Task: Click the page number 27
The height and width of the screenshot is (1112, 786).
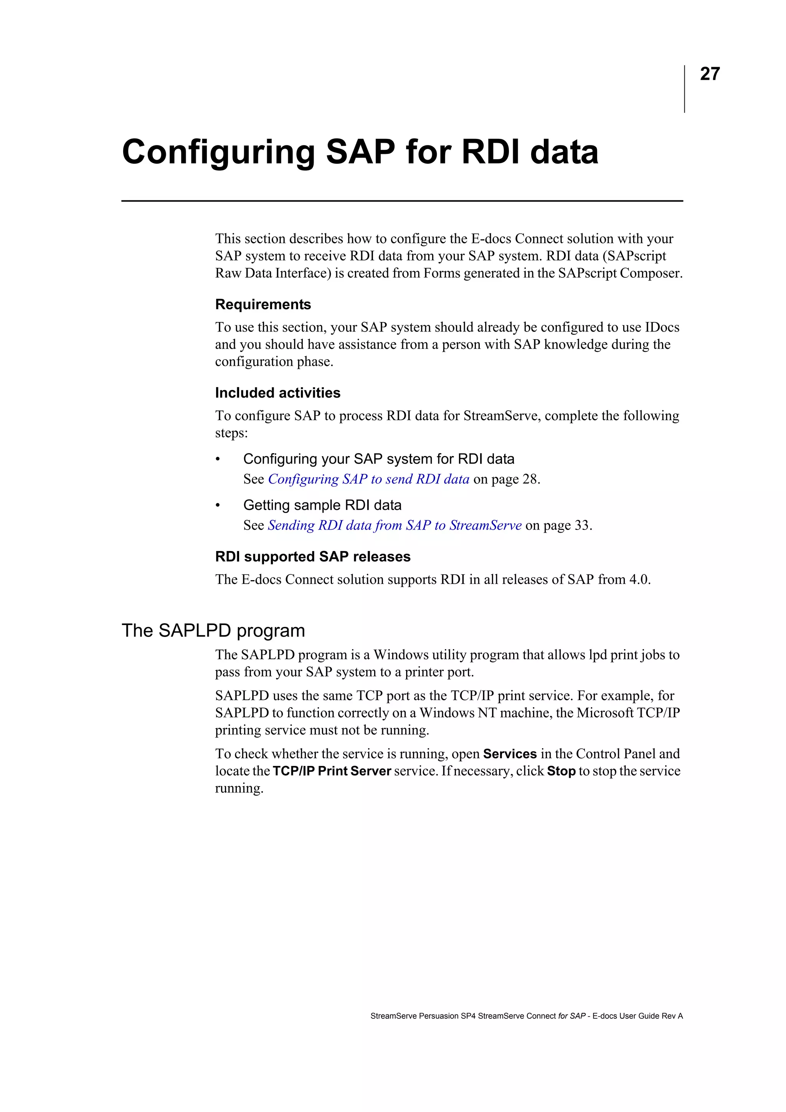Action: (710, 74)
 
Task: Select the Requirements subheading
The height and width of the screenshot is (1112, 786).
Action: (263, 305)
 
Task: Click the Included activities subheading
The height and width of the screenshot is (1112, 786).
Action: (277, 393)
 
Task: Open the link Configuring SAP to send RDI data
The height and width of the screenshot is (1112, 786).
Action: (368, 479)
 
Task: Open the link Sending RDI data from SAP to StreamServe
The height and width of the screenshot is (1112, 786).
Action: (395, 525)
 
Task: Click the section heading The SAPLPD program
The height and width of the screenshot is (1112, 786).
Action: (213, 630)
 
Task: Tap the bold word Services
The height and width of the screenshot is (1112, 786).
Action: (510, 754)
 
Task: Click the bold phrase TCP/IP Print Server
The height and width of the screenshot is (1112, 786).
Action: (332, 771)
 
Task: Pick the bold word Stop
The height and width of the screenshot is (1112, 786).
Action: (561, 771)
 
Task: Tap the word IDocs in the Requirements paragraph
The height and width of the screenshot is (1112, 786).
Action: (662, 327)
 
